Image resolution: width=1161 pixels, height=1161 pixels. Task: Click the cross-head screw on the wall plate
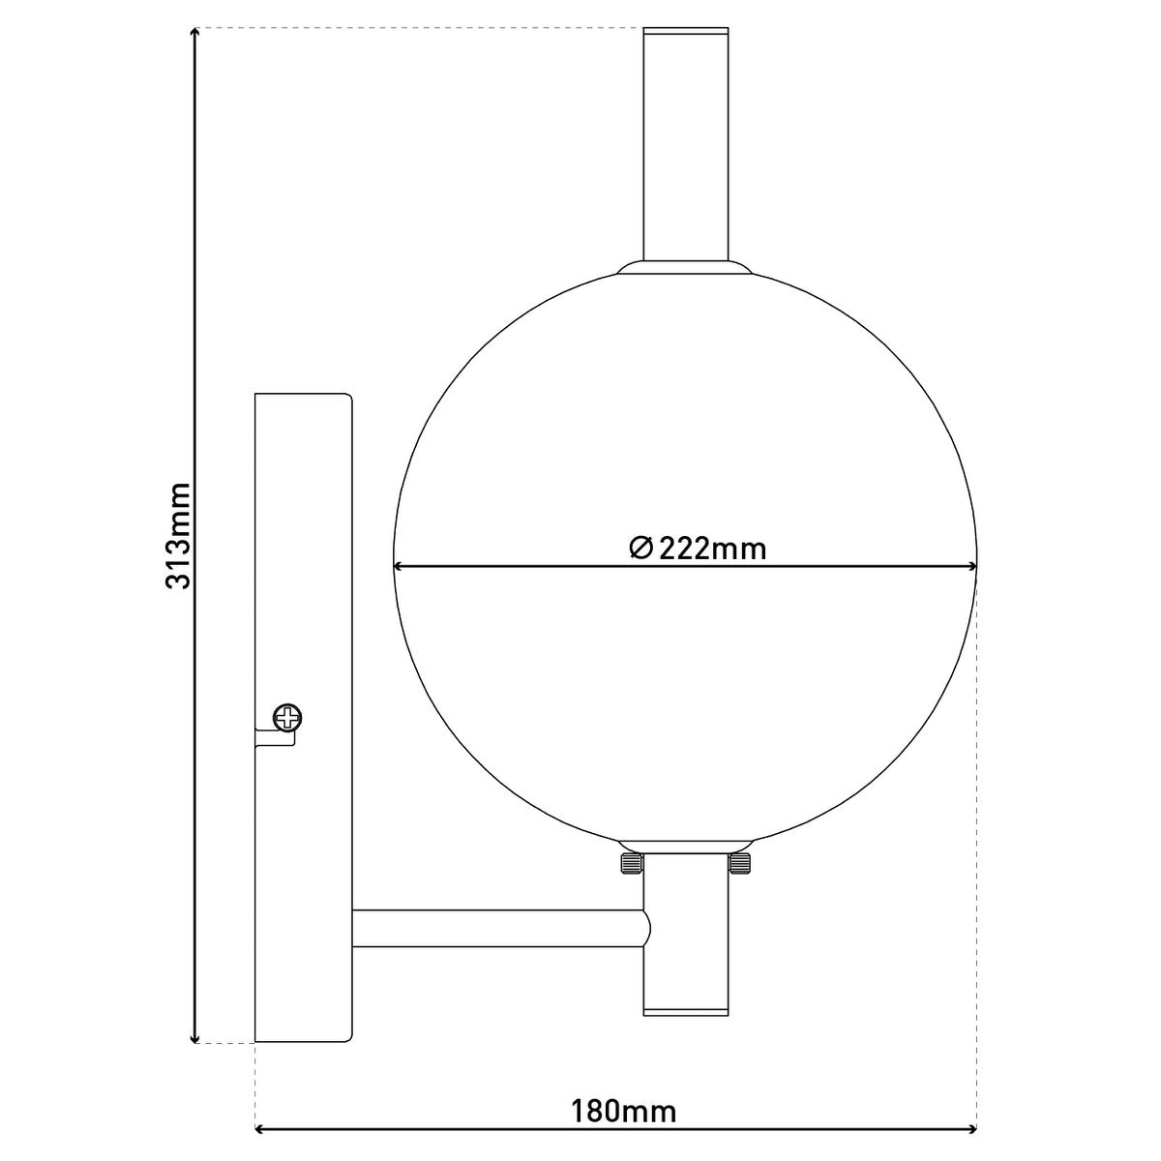287,718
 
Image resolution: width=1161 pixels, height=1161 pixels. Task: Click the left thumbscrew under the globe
629,863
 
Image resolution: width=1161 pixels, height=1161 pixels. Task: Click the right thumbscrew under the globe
740,863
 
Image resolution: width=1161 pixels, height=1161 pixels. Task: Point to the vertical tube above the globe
686,145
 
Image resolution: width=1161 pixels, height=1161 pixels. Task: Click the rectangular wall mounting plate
302,580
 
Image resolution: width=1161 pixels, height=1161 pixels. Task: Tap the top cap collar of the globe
685,267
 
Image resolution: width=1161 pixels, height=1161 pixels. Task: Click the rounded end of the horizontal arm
646,928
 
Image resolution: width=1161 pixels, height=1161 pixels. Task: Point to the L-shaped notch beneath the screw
275,738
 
